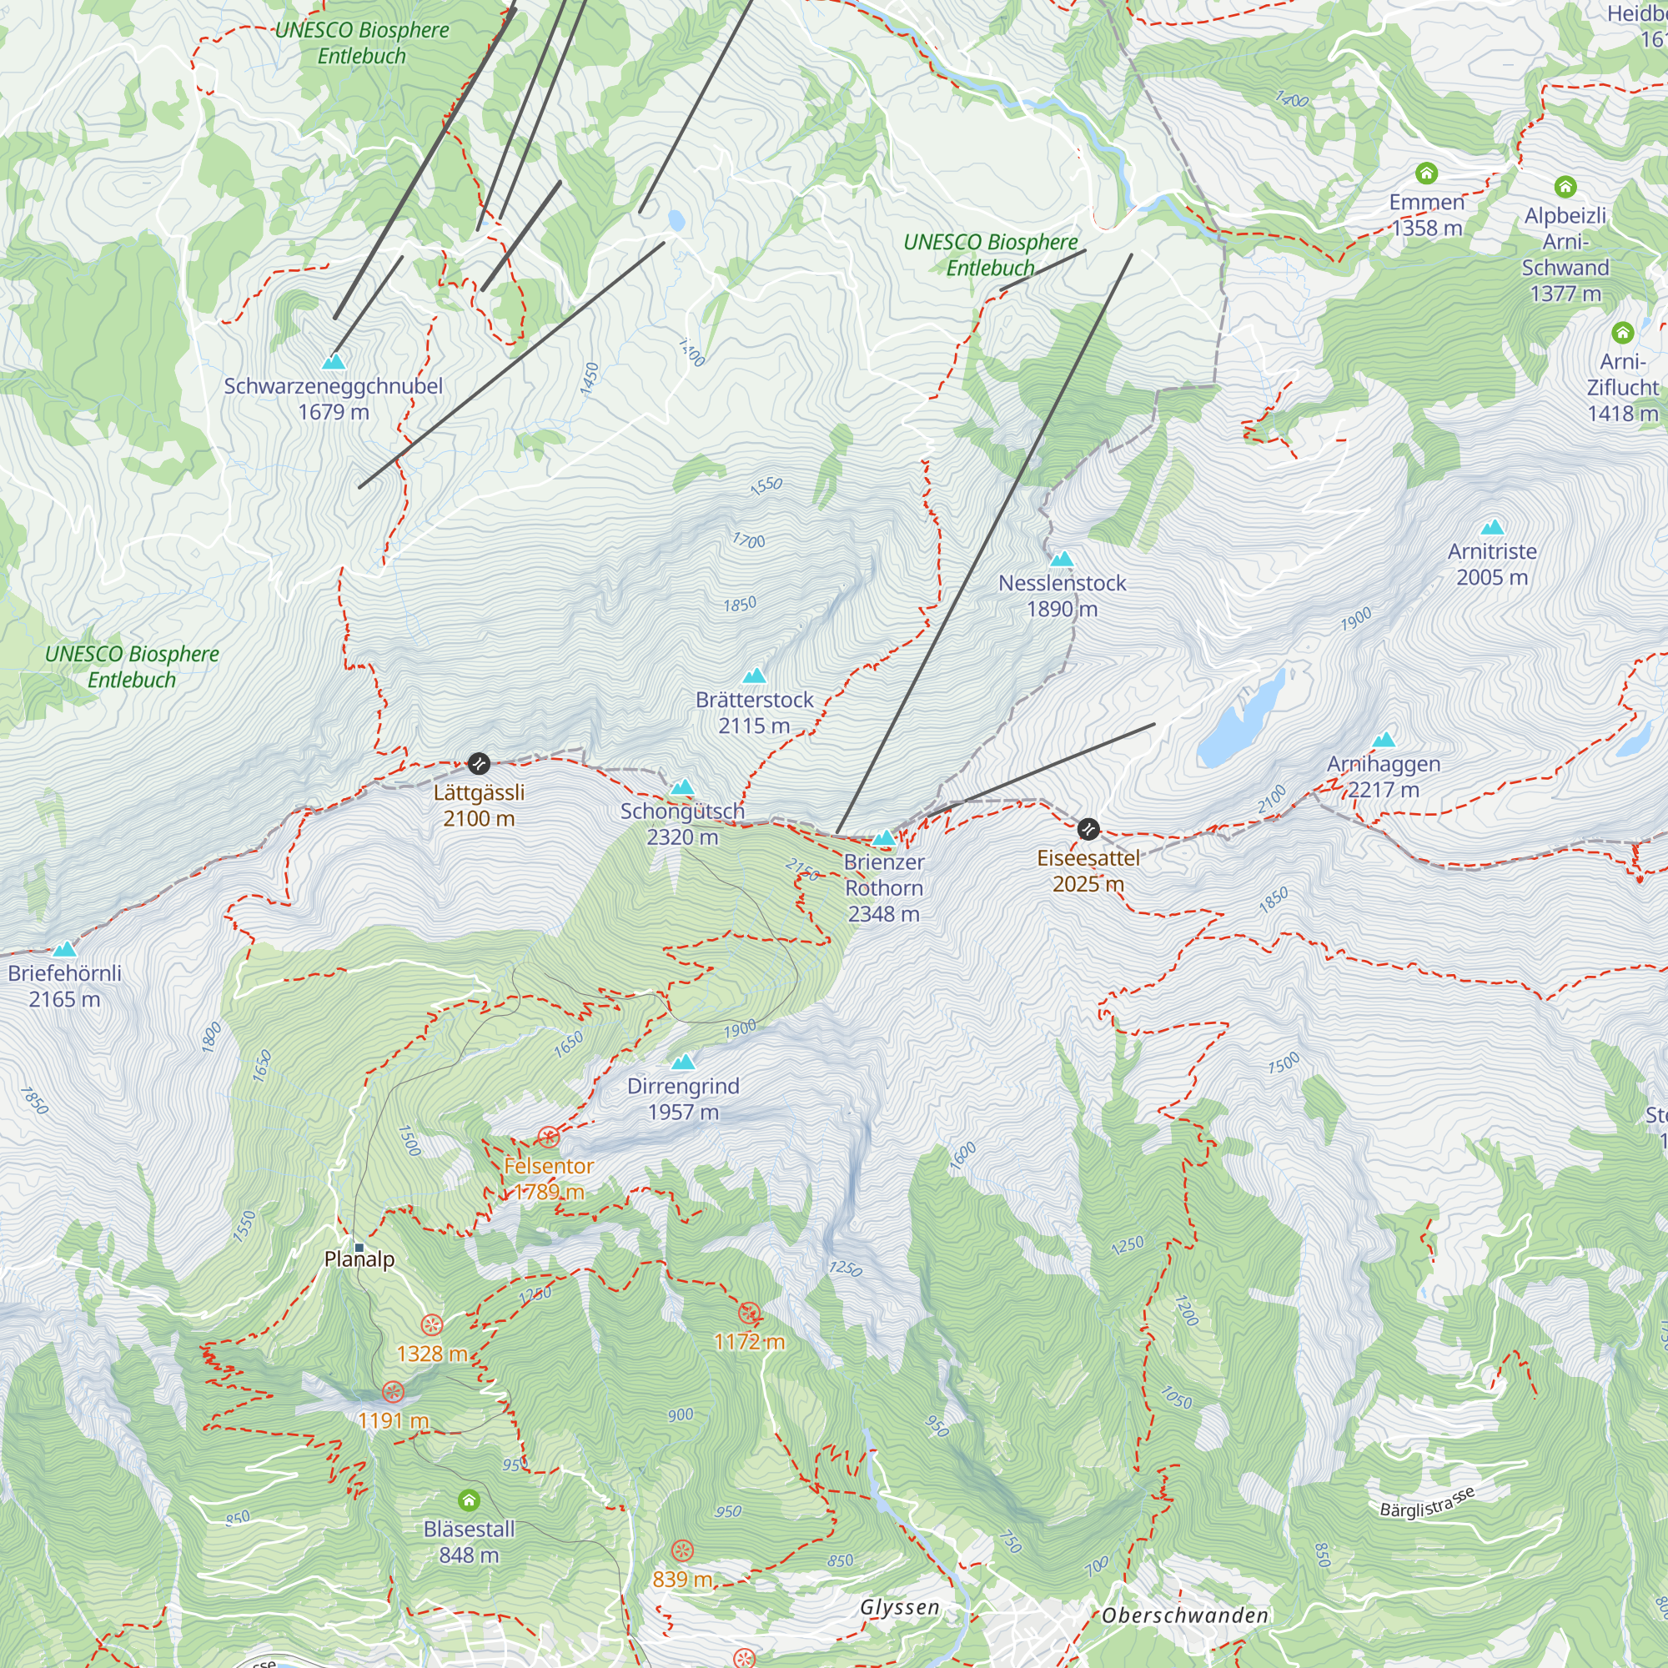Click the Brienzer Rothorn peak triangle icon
[883, 837]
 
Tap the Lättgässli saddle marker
[478, 763]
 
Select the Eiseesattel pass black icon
[1088, 829]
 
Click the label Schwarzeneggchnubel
[334, 386]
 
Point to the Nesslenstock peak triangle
[1062, 559]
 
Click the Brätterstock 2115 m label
[755, 712]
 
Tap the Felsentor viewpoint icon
[549, 1137]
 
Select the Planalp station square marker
[359, 1248]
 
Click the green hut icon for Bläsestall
[469, 1500]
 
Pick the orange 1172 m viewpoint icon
[750, 1314]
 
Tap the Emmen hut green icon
[1426, 173]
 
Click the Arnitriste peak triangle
[1492, 526]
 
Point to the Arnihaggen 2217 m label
[1383, 776]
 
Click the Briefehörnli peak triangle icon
[65, 950]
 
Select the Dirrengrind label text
[683, 1086]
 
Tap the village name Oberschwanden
[1184, 1615]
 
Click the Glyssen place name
[899, 1607]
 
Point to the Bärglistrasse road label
[1426, 1503]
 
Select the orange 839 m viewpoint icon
[682, 1550]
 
